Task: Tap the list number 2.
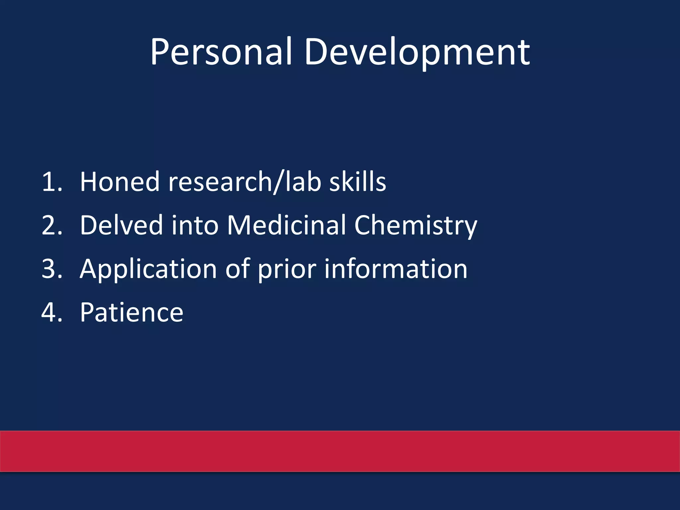(52, 225)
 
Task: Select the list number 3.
(52, 269)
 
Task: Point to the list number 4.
(52, 312)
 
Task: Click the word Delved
(122, 225)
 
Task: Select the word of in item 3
(238, 269)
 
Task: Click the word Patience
(131, 312)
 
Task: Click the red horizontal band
(340, 451)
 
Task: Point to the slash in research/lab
(278, 183)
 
